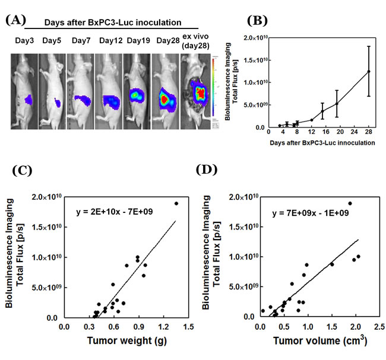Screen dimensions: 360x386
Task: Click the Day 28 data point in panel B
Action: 369,72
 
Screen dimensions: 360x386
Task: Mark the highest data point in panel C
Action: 176,203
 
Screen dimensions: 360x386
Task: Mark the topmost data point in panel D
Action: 350,203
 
